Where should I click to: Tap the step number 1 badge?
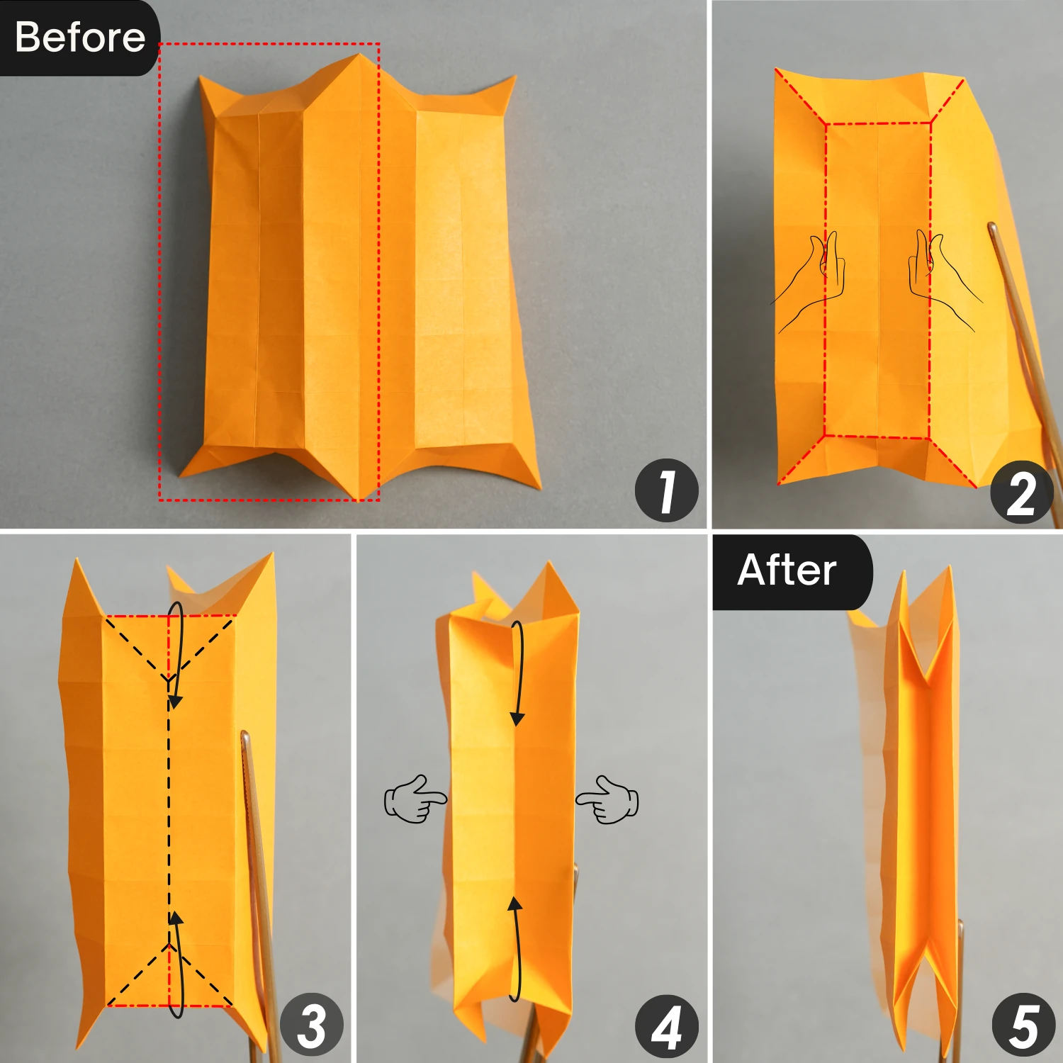[666, 491]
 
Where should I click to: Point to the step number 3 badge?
[312, 1025]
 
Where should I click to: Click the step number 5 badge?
[1023, 1025]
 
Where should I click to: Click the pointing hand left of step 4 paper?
[414, 799]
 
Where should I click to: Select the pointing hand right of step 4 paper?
[608, 799]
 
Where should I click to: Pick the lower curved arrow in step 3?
[176, 964]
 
